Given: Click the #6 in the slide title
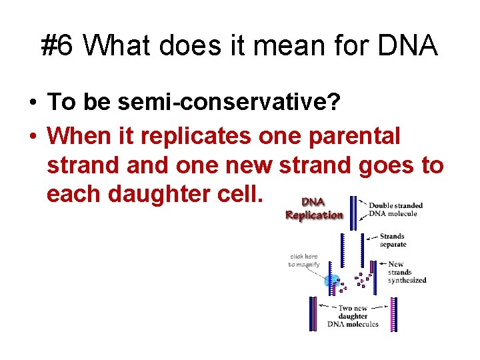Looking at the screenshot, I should pyautogui.click(x=59, y=46).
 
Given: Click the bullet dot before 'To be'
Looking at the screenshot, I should pyautogui.click(x=32, y=103).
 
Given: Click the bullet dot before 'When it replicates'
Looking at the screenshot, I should pyautogui.click(x=32, y=136).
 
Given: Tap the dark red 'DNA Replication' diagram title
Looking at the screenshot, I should pyautogui.click(x=314, y=209).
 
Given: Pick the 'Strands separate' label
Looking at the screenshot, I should pyautogui.click(x=392, y=240).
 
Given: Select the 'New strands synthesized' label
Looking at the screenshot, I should pyautogui.click(x=406, y=272).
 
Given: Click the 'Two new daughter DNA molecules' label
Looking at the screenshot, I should pyautogui.click(x=353, y=316).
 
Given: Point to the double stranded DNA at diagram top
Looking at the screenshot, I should pyautogui.click(x=353, y=208).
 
